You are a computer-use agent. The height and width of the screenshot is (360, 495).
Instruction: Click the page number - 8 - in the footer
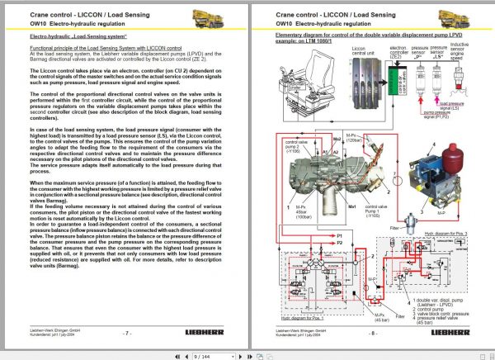[374, 334]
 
